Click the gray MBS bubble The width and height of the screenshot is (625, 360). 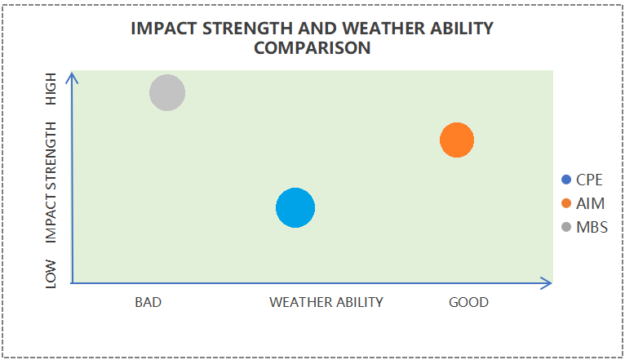click(x=167, y=93)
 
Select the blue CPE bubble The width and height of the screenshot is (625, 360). click(x=295, y=207)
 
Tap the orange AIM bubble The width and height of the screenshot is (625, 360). click(x=457, y=140)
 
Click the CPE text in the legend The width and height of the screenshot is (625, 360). click(x=589, y=180)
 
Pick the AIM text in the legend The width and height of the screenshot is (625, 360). click(x=589, y=203)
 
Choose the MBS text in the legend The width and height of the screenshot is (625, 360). click(x=592, y=227)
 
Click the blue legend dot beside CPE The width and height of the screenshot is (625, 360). click(x=567, y=180)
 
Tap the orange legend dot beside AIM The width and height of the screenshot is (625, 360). click(x=567, y=203)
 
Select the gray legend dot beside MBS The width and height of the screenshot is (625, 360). click(x=567, y=227)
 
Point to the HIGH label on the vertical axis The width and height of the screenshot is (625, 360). click(x=51, y=88)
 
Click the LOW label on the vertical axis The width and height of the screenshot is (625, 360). click(x=51, y=273)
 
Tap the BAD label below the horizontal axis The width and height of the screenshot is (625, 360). click(x=148, y=302)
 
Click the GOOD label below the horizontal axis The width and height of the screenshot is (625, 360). click(x=468, y=302)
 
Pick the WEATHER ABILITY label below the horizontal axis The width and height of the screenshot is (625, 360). click(x=326, y=302)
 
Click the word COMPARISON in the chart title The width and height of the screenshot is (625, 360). click(x=312, y=48)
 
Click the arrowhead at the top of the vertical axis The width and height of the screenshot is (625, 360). click(x=73, y=78)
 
